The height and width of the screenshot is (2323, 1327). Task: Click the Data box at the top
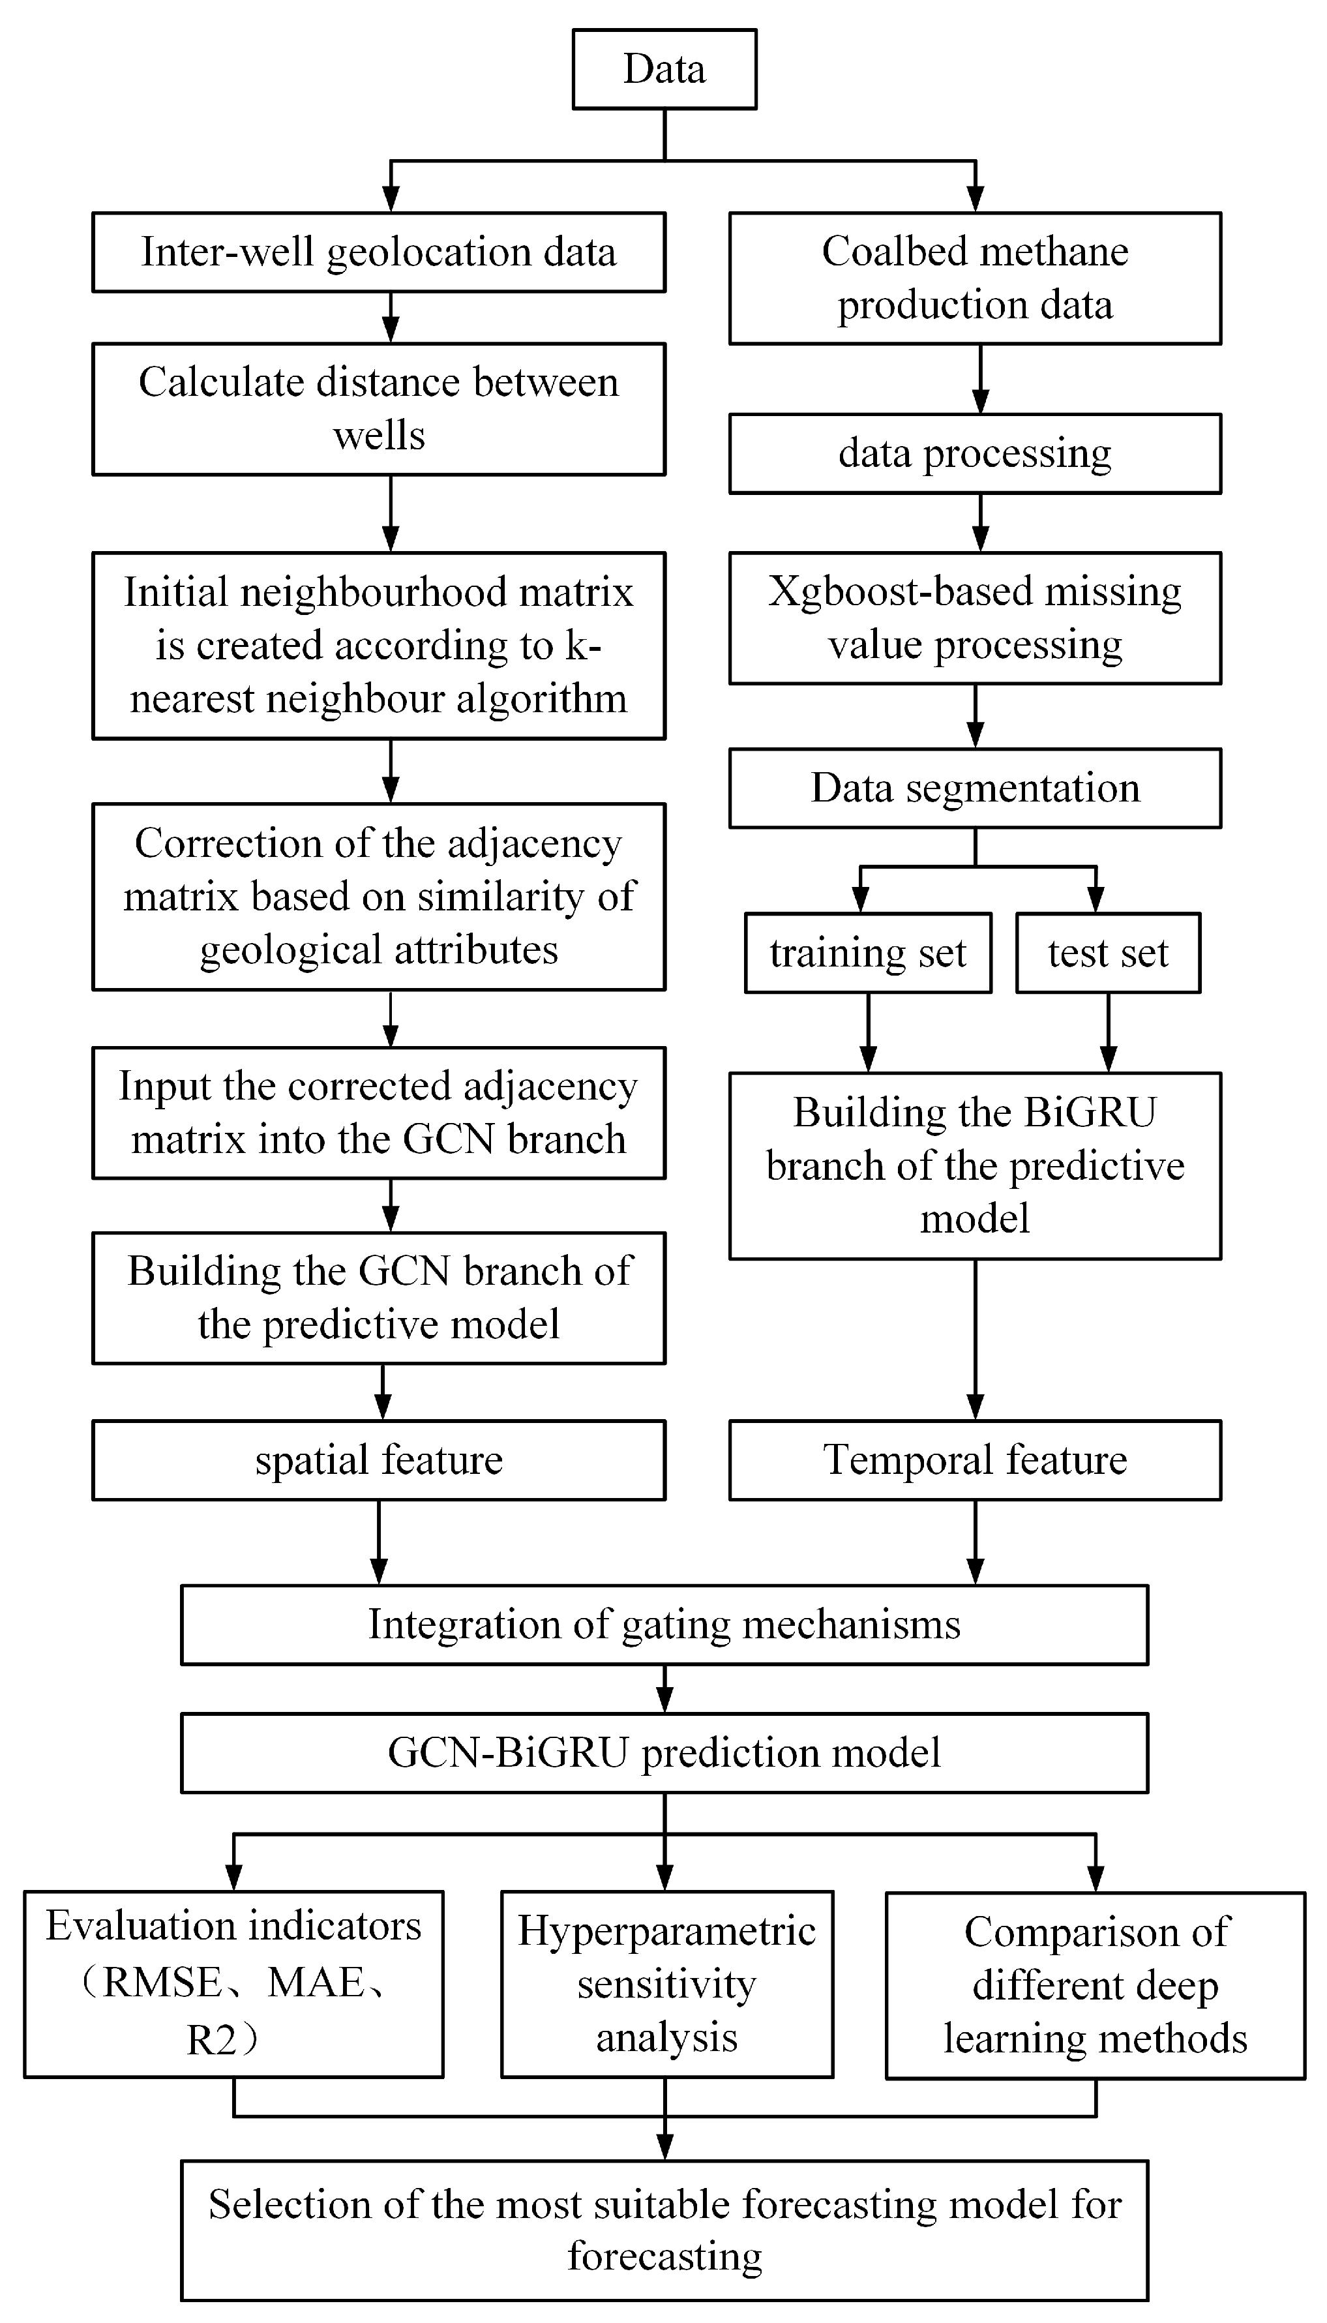pyautogui.click(x=664, y=69)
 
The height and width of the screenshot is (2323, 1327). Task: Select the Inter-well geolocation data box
pyautogui.click(x=378, y=252)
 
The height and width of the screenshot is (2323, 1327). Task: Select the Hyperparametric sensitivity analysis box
pyautogui.click(x=666, y=1984)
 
